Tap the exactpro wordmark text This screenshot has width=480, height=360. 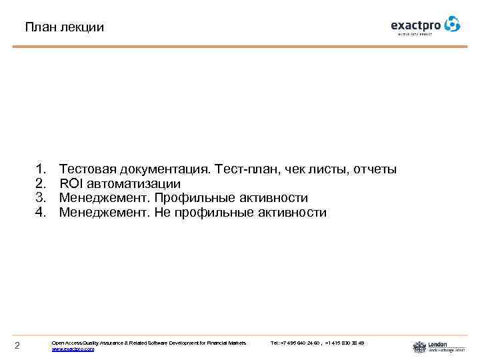(416, 26)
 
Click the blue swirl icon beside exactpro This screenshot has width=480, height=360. (453, 25)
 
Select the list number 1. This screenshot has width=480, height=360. (41, 169)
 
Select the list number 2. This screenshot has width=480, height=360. (41, 183)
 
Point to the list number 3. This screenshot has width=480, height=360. (41, 198)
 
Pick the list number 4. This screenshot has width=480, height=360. (41, 213)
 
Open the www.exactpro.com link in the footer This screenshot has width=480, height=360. (73, 349)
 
